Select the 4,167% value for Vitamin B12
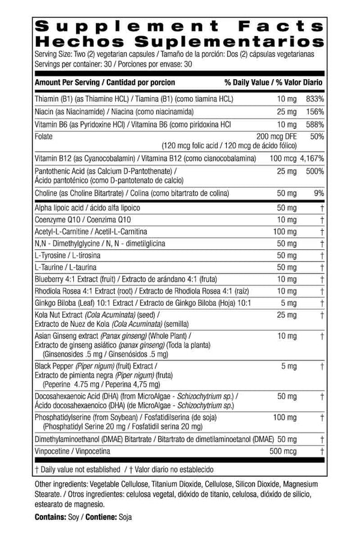tap(310, 159)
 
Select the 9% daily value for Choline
tap(319, 194)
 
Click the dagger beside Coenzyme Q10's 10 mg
tap(322, 219)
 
